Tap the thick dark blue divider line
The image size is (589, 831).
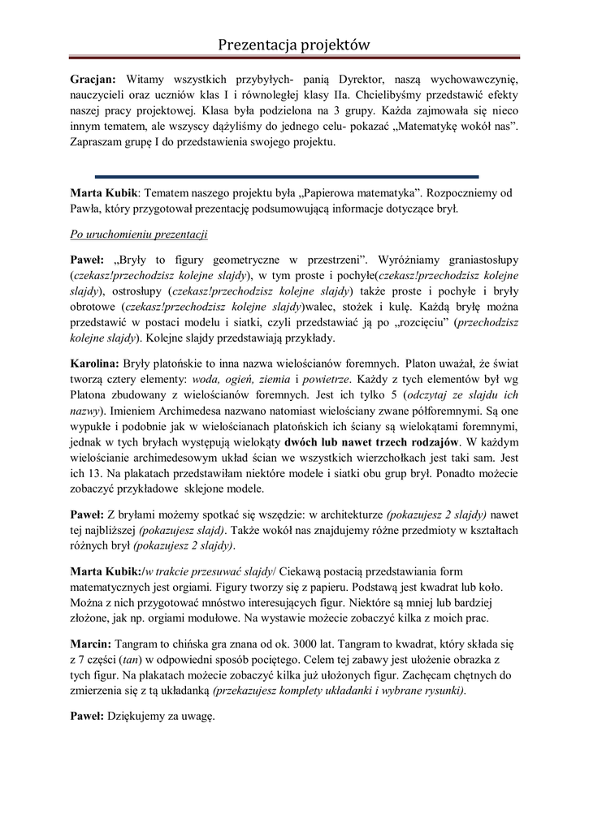point(287,176)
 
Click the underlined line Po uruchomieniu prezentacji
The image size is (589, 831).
point(137,235)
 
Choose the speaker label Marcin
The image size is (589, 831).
point(90,643)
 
